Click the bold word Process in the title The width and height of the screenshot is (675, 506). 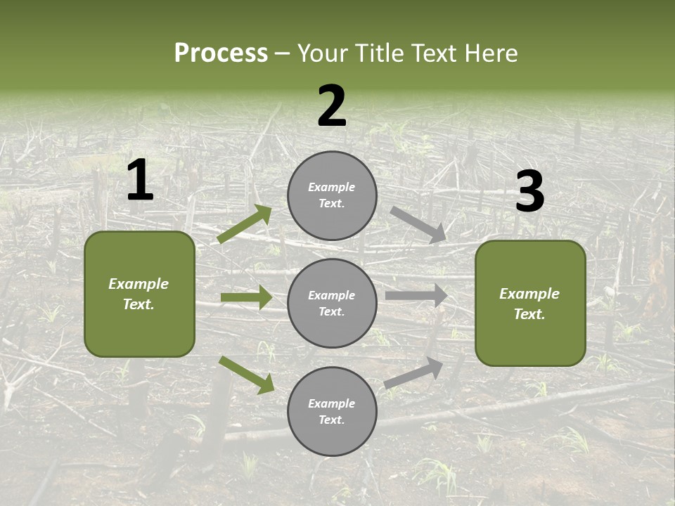(221, 53)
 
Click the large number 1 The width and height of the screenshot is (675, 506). (140, 181)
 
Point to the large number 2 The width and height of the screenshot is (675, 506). (332, 106)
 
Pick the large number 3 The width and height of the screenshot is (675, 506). (529, 192)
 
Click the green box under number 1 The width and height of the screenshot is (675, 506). (139, 294)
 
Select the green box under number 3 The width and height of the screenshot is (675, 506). (530, 304)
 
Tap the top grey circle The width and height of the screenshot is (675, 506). (332, 195)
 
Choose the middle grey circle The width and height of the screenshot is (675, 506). (332, 304)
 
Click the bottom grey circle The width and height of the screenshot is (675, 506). (332, 412)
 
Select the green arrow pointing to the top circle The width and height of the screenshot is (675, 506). (245, 224)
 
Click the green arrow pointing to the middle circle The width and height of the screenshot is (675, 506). (246, 298)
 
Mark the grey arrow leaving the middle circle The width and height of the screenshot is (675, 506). (416, 295)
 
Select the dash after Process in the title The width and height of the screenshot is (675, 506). (283, 53)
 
